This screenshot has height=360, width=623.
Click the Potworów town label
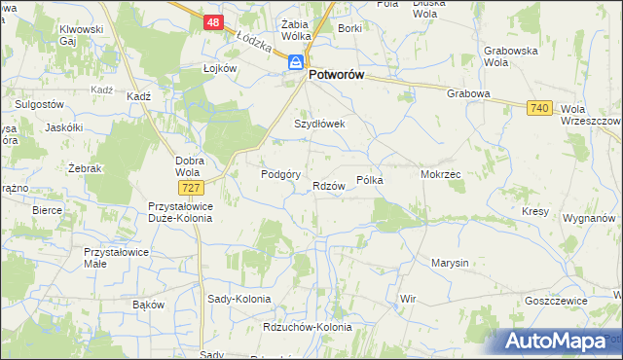pyautogui.click(x=344, y=73)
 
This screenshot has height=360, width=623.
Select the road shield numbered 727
pyautogui.click(x=190, y=186)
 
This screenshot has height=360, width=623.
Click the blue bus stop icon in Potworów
pyautogui.click(x=294, y=61)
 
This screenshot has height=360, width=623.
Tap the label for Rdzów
pyautogui.click(x=329, y=186)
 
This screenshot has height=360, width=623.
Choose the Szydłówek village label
pyautogui.click(x=320, y=124)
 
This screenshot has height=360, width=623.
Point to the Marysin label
pyautogui.click(x=450, y=263)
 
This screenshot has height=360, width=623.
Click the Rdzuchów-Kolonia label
pyautogui.click(x=308, y=327)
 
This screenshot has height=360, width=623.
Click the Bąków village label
pyautogui.click(x=148, y=304)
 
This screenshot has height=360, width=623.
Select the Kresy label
pyautogui.click(x=535, y=211)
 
